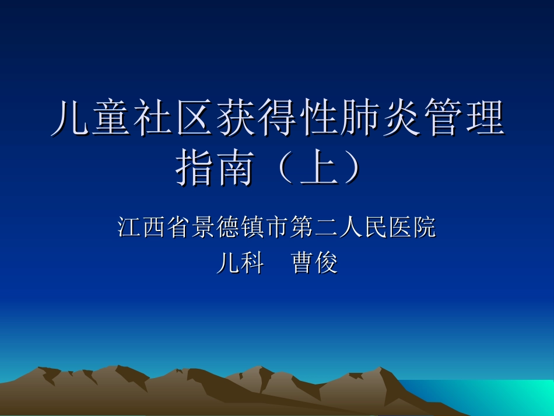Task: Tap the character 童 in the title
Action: point(108,118)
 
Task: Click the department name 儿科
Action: point(240,264)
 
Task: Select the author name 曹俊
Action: point(315,264)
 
